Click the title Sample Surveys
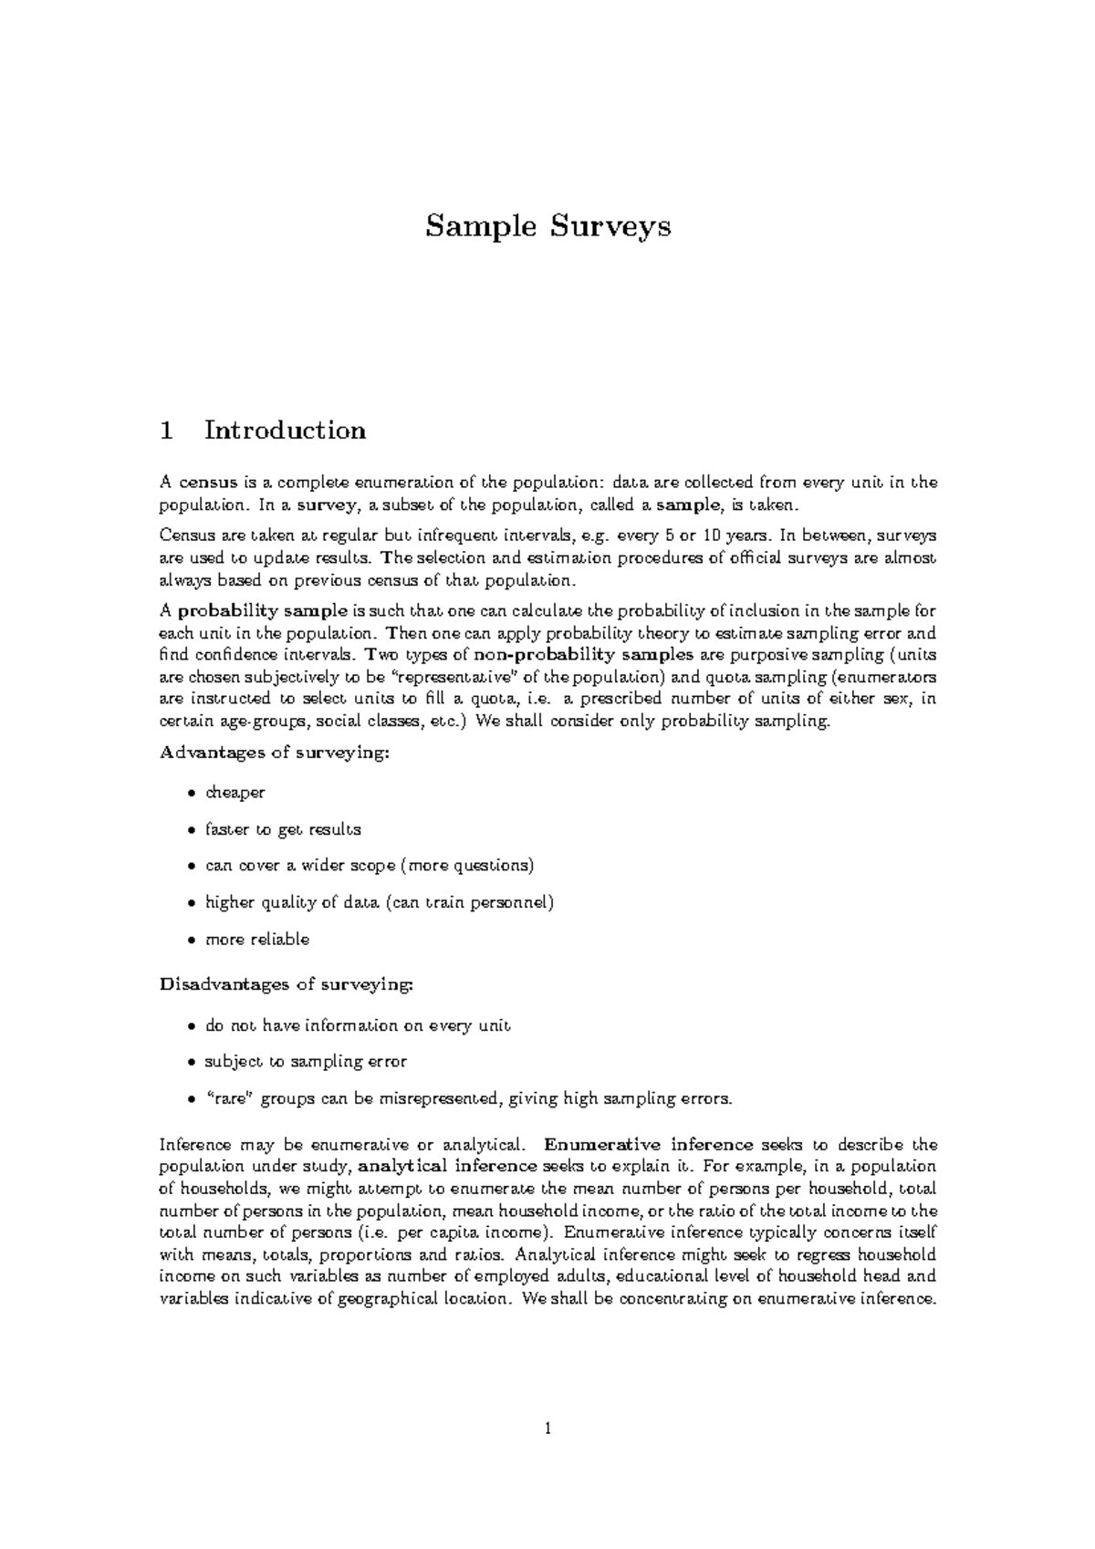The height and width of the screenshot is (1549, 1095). [547, 225]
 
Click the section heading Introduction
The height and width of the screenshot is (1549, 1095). [285, 431]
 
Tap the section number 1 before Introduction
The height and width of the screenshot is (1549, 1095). [166, 431]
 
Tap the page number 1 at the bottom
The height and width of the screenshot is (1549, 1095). [547, 1429]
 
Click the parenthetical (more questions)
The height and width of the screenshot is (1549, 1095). [466, 866]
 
